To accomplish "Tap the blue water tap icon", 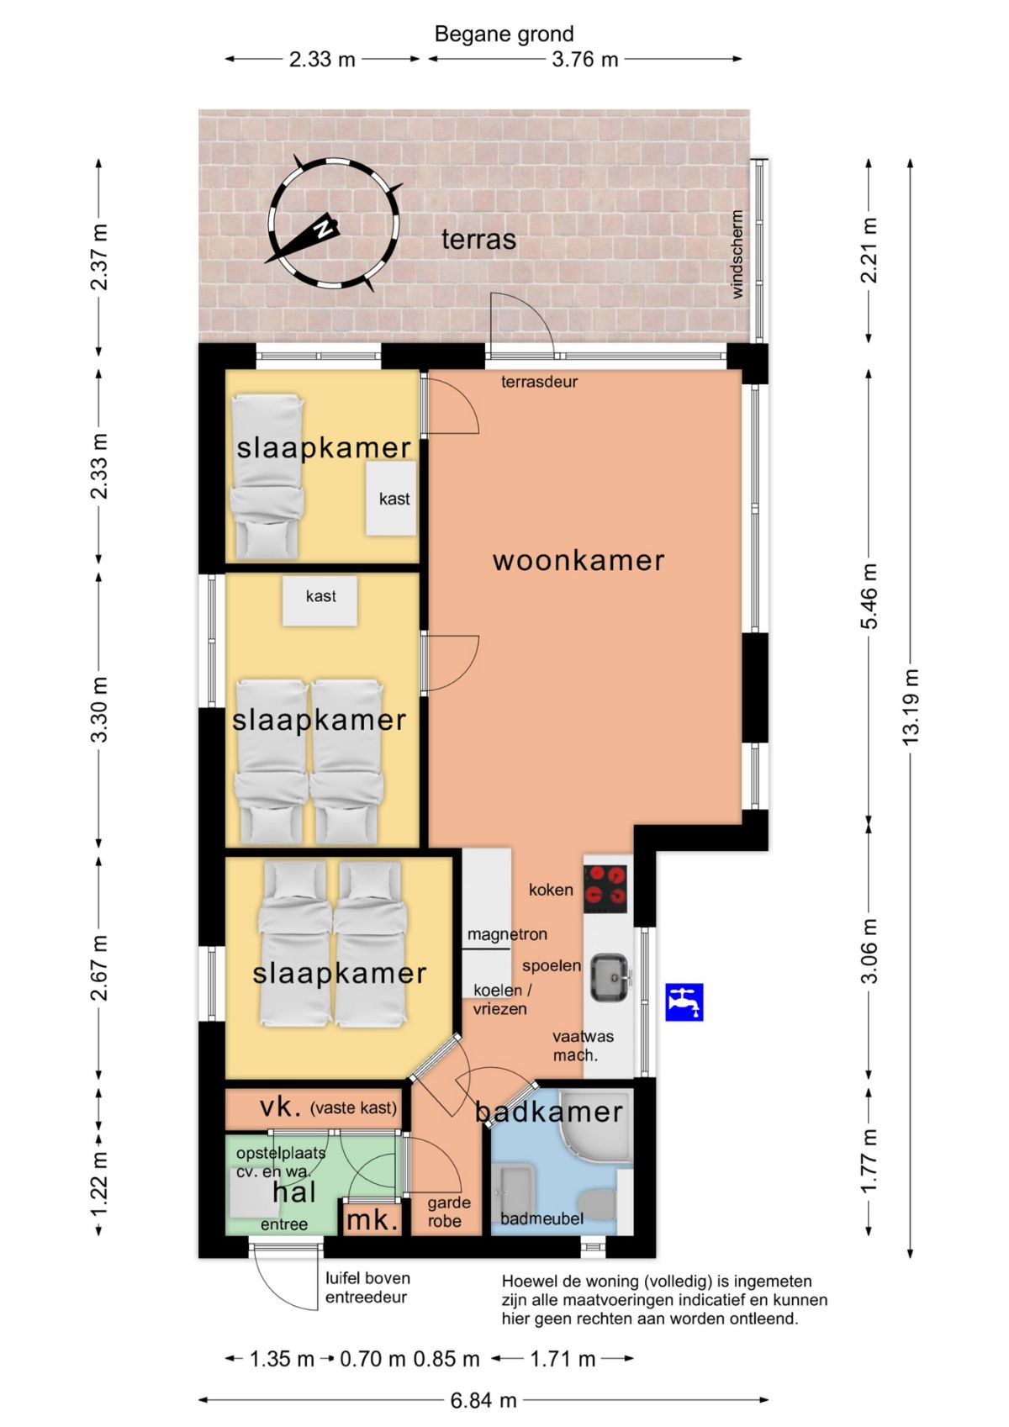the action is click(684, 1002).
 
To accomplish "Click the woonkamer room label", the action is click(578, 561).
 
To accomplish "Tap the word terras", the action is click(478, 240).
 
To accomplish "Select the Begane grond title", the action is click(504, 34).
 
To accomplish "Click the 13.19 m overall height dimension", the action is click(911, 706).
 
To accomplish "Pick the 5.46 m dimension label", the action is click(869, 596).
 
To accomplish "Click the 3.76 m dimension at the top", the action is click(584, 59).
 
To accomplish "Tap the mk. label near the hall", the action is click(372, 1221).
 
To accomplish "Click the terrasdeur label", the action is click(539, 382).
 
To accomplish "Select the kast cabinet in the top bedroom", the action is click(390, 498).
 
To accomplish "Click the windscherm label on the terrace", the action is click(737, 254).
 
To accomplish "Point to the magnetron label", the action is click(507, 934).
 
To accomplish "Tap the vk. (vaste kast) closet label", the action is click(328, 1107).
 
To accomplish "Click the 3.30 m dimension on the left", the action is click(98, 709).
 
